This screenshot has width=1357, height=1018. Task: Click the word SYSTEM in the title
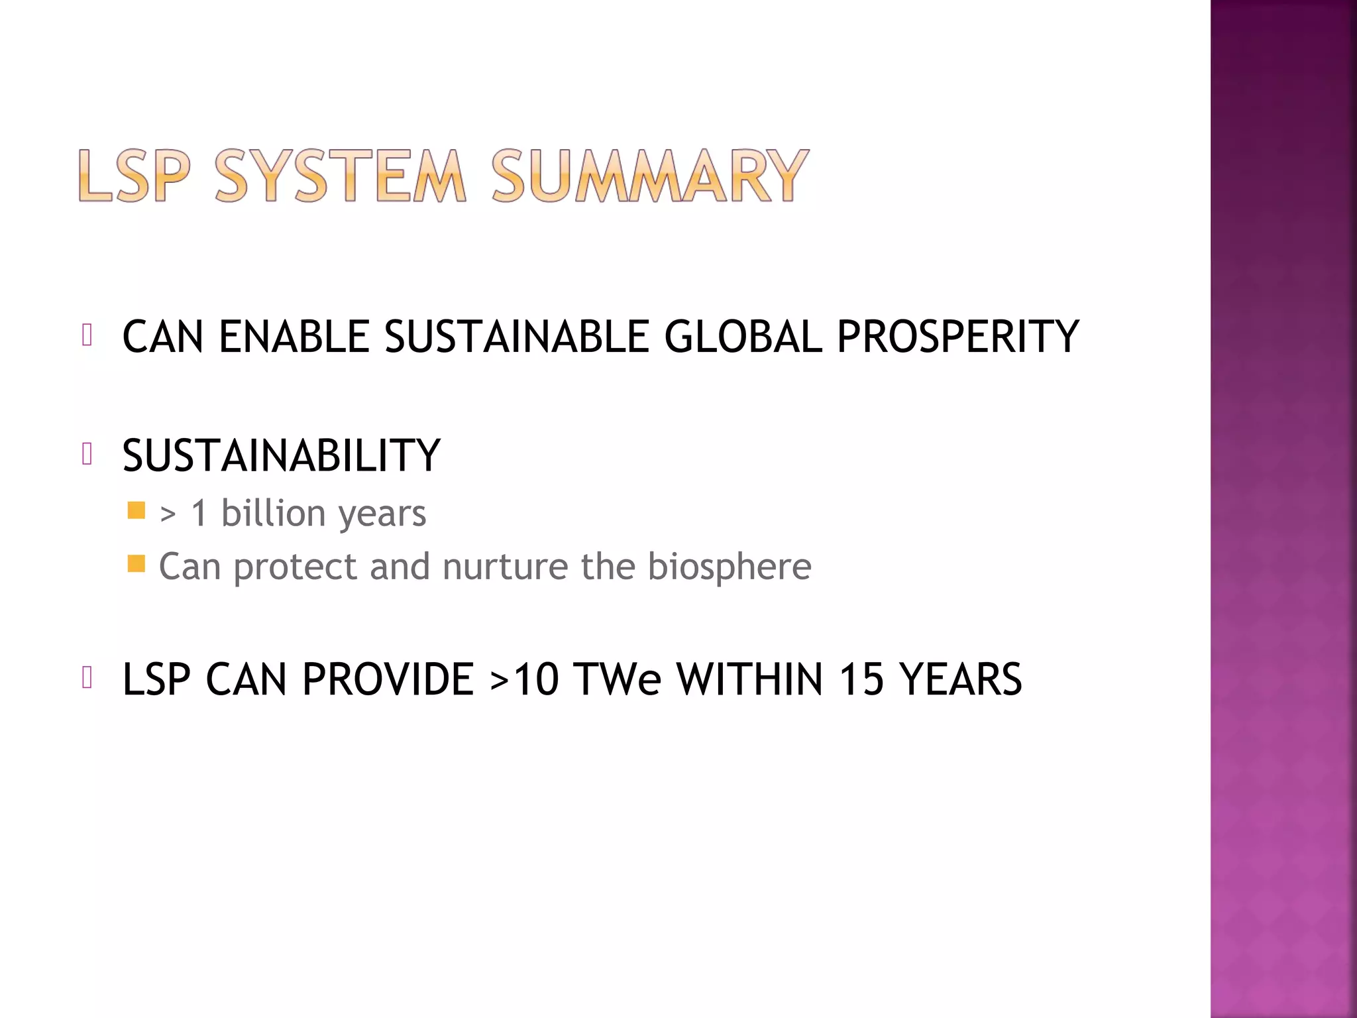340,176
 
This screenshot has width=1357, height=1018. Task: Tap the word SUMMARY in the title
649,176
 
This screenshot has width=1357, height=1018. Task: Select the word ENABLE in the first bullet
294,337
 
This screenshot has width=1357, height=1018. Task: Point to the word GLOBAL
743,337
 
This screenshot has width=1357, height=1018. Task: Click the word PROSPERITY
958,337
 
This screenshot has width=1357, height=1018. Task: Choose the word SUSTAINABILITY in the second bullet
282,456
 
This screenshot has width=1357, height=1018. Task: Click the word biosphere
729,567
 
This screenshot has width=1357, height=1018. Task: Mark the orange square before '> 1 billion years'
136,510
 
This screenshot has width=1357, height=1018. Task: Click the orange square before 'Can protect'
136,563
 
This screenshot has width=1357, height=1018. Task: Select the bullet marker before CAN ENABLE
87,335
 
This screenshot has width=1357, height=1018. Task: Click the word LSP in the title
135,176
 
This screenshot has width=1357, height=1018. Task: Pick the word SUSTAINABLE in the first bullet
517,337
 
